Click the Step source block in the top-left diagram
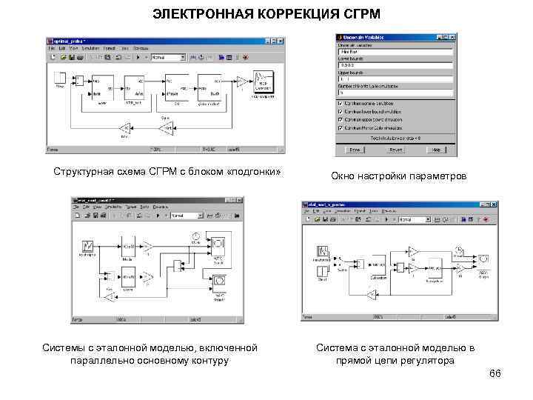pyautogui.click(x=60, y=78)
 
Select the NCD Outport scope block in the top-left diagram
pyautogui.click(x=264, y=81)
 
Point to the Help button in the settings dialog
pyautogui.click(x=437, y=149)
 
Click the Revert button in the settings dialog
pyautogui.click(x=396, y=149)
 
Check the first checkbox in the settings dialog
pyautogui.click(x=341, y=102)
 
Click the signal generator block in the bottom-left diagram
pyautogui.click(x=87, y=245)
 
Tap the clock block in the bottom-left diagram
pyautogui.click(x=197, y=237)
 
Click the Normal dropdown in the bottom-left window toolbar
pyautogui.click(x=187, y=216)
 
